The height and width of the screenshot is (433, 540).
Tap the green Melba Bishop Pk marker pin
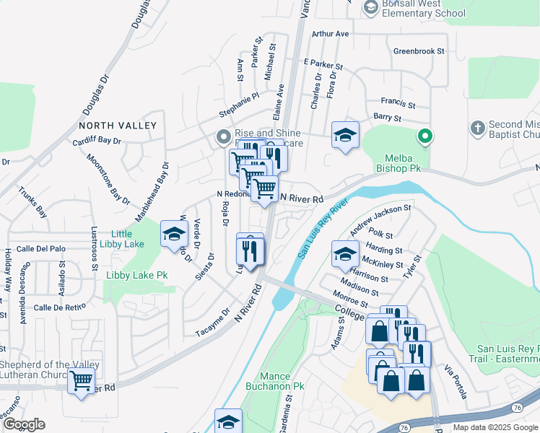(x=426, y=135)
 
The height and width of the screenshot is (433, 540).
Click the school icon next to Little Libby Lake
(x=173, y=234)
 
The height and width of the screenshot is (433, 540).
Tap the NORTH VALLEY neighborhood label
(x=118, y=126)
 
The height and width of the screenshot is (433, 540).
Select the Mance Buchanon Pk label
(x=274, y=381)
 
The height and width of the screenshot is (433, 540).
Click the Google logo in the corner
(x=24, y=424)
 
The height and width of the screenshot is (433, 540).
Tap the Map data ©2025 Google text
(x=495, y=427)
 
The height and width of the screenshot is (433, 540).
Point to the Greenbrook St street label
(x=419, y=51)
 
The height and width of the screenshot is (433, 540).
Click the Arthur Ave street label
(x=331, y=34)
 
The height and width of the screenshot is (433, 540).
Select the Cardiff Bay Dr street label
(x=96, y=141)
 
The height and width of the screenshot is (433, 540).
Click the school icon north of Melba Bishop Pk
(x=345, y=134)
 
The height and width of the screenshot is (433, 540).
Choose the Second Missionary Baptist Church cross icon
(x=476, y=128)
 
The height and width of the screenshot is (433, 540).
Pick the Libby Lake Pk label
(x=136, y=275)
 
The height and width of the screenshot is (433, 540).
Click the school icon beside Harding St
(x=345, y=253)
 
